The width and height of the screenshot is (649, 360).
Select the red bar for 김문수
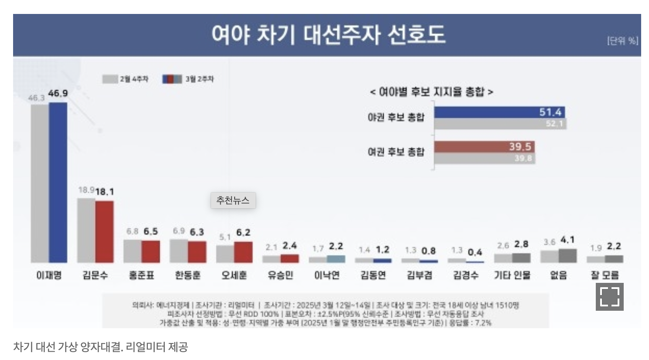pyautogui.click(x=104, y=231)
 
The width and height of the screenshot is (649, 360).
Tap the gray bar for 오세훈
pyautogui.click(x=225, y=254)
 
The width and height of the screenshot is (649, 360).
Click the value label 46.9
pyautogui.click(x=58, y=93)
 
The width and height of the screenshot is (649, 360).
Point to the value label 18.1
pyautogui.click(x=105, y=192)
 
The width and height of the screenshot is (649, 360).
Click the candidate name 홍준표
pyautogui.click(x=141, y=275)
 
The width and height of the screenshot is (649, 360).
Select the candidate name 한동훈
pyautogui.click(x=188, y=275)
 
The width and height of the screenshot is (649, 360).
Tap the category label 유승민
pyautogui.click(x=280, y=275)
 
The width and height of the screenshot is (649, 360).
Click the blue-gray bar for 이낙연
pyautogui.click(x=336, y=259)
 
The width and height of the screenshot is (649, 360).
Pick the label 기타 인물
pyautogui.click(x=512, y=275)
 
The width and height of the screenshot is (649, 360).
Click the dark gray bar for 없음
pyautogui.click(x=567, y=256)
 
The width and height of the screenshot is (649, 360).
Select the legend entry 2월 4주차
pyautogui.click(x=126, y=79)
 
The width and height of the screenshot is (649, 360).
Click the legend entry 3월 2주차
pyautogui.click(x=188, y=79)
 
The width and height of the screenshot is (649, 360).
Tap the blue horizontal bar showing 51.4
pyautogui.click(x=499, y=112)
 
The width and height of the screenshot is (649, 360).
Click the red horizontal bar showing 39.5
pyautogui.click(x=484, y=147)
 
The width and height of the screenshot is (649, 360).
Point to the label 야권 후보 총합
pyautogui.click(x=396, y=117)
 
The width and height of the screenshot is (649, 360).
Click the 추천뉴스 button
pyautogui.click(x=233, y=200)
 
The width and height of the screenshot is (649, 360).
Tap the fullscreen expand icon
pyautogui.click(x=609, y=297)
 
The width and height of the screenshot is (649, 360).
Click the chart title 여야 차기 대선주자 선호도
pyautogui.click(x=328, y=35)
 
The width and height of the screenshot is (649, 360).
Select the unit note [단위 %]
pyautogui.click(x=622, y=41)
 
